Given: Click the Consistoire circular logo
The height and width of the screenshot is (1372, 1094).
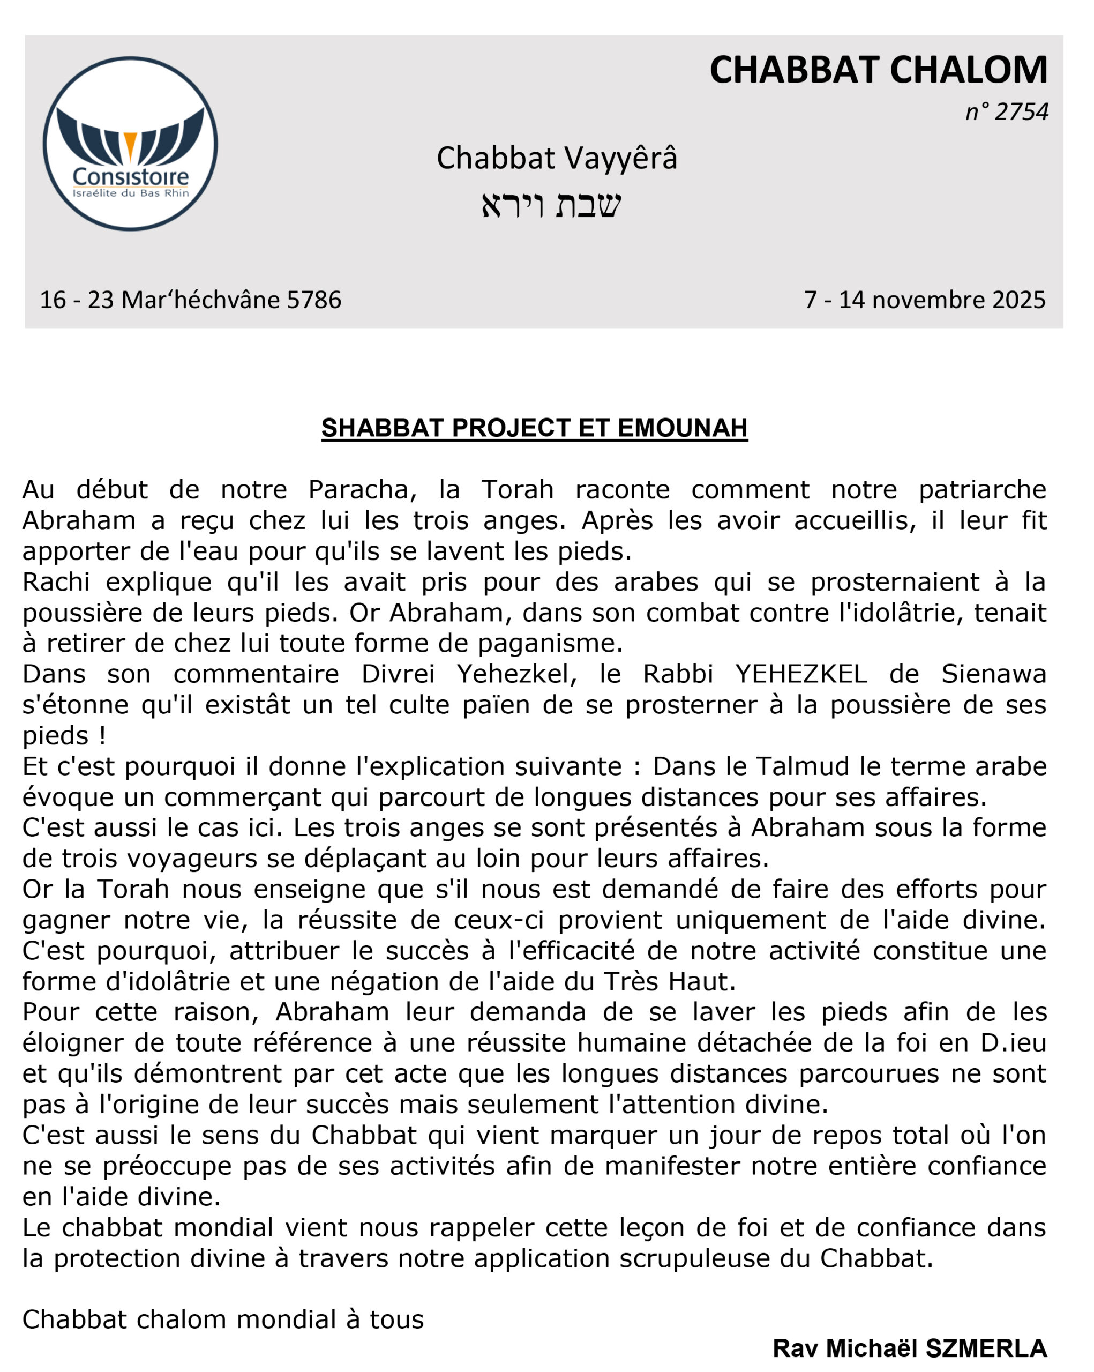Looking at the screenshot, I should [x=130, y=144].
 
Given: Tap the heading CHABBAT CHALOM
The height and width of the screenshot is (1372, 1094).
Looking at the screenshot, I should [x=879, y=70].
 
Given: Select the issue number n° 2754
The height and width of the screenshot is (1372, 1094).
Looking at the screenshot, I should [x=1007, y=112].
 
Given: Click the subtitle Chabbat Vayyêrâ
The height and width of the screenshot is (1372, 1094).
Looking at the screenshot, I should [x=557, y=158].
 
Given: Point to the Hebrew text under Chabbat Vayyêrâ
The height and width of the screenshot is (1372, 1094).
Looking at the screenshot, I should [x=551, y=205].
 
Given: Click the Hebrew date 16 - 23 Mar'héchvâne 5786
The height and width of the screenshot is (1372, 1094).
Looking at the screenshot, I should [x=191, y=300].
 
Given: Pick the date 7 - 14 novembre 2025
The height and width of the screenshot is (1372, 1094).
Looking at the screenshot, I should [x=925, y=300].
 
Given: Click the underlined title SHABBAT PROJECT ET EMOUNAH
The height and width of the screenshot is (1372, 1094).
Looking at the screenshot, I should [x=534, y=428].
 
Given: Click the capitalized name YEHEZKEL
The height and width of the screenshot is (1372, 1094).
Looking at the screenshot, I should [x=801, y=674].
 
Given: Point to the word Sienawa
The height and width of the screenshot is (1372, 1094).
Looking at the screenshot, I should [x=993, y=674].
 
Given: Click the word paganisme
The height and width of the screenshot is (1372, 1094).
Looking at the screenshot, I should [x=550, y=643].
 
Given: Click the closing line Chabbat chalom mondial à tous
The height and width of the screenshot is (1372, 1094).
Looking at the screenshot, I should [x=223, y=1320].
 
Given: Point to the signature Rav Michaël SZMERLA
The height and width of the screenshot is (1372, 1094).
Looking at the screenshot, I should [x=910, y=1348].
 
